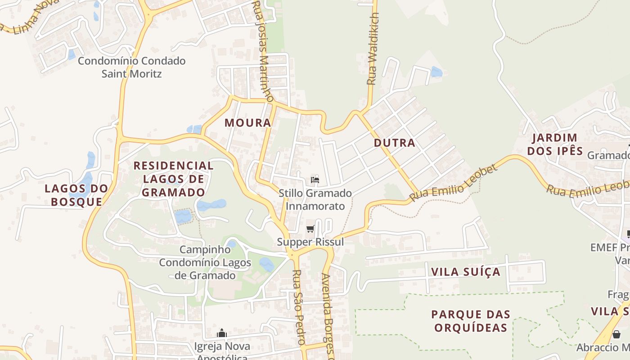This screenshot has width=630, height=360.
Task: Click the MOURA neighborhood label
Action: pos(248,122)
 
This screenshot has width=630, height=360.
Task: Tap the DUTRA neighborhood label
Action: pos(394,143)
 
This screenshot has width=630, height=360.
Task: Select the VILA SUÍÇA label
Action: pos(466,272)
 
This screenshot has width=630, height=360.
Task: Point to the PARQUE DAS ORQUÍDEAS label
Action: pos(471,321)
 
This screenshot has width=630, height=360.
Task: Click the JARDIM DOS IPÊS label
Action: pos(555,144)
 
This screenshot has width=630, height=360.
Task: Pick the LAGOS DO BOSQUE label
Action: pos(76,195)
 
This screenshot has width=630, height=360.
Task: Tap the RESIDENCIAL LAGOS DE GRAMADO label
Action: pos(173,179)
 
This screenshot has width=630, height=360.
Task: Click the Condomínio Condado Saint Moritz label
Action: pos(131,67)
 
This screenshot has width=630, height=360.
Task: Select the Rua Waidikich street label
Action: pos(373,49)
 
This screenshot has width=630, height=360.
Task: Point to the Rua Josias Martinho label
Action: pos(263,49)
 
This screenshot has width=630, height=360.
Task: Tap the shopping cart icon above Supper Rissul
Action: pos(310,229)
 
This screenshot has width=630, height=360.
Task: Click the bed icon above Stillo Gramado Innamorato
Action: pos(315,180)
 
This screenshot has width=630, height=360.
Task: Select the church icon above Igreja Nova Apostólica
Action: pos(221,333)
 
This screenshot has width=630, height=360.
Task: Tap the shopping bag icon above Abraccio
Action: pos(616,335)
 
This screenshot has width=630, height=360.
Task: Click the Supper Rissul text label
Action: pos(310,242)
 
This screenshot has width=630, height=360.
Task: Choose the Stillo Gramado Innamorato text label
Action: pos(315,200)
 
